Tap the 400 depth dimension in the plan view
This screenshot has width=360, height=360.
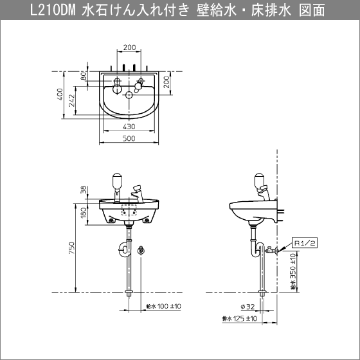pyautogui.click(x=59, y=96)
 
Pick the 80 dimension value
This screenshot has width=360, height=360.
pyautogui.click(x=83, y=76)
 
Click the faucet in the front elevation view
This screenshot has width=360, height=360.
pyautogui.click(x=139, y=192)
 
